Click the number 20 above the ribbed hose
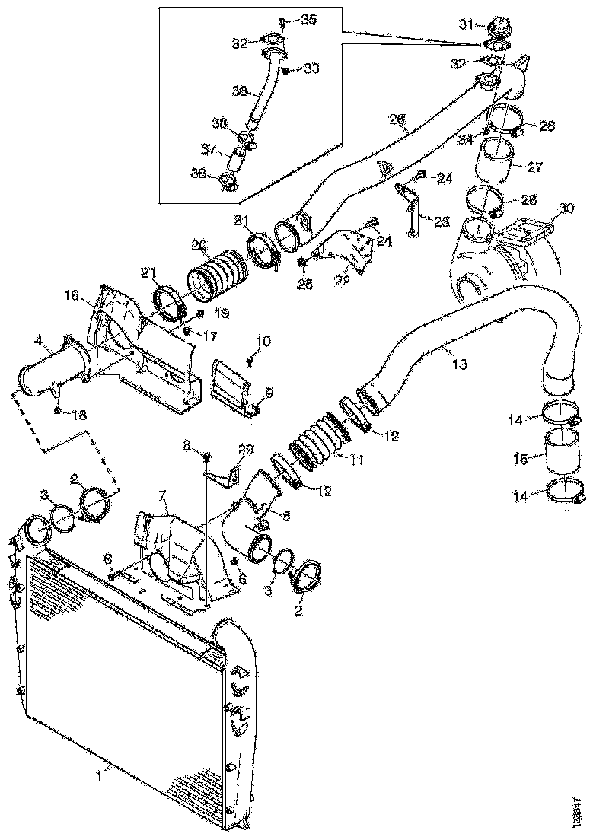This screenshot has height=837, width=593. [x=199, y=245]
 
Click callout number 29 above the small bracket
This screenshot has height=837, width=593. [x=247, y=449]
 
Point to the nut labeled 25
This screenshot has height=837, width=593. [x=301, y=264]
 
